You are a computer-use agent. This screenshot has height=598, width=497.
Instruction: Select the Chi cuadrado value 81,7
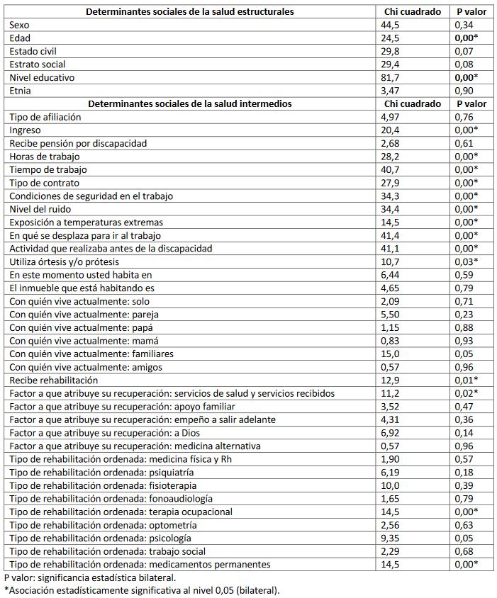click(391, 77)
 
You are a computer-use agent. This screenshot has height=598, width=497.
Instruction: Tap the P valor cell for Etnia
click(464, 91)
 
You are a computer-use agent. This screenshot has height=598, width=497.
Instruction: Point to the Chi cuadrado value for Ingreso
click(391, 130)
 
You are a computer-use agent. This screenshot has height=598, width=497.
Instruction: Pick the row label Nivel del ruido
click(40, 209)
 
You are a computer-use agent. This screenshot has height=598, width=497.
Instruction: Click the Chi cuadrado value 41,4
click(391, 235)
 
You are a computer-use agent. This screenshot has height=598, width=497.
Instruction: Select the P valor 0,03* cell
click(467, 261)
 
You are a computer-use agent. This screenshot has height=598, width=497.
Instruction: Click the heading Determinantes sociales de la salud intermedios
click(190, 103)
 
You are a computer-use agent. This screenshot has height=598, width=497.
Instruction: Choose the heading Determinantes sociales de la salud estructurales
click(190, 12)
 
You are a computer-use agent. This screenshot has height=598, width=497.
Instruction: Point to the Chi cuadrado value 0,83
click(391, 341)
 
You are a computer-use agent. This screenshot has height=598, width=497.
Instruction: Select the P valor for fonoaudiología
click(464, 498)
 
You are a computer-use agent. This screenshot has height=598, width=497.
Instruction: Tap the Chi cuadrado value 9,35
click(391, 538)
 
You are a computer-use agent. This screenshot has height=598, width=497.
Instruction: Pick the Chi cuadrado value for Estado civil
click(391, 51)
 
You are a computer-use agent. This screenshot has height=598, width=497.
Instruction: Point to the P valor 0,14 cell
click(464, 432)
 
